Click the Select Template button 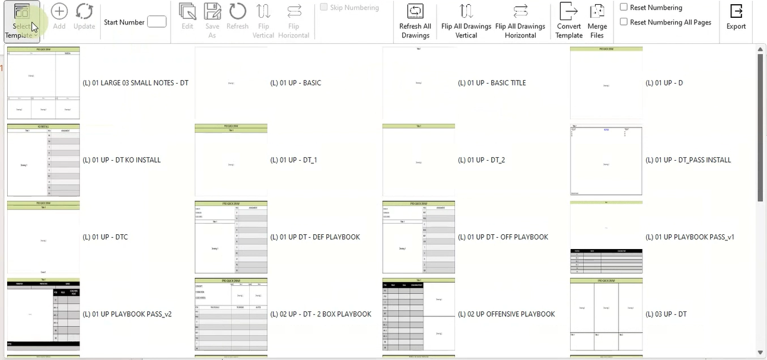click(21, 21)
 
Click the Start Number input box click(157, 22)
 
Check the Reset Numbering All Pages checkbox click(624, 22)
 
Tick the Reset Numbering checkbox click(624, 7)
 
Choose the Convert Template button click(569, 21)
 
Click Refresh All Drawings click(415, 21)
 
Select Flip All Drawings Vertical click(466, 21)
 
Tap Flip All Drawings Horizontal click(520, 21)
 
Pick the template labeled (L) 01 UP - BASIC click(295, 83)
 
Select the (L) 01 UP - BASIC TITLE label click(492, 83)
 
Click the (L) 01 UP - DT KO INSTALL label click(122, 160)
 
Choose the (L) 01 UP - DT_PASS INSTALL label click(688, 160)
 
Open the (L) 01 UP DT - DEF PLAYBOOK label click(315, 237)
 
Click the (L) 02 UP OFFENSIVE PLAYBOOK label click(506, 314)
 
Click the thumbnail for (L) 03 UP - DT click(606, 314)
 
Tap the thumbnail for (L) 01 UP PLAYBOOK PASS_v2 click(43, 314)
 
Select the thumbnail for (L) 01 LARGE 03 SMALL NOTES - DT click(43, 83)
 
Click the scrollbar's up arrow click(761, 49)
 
